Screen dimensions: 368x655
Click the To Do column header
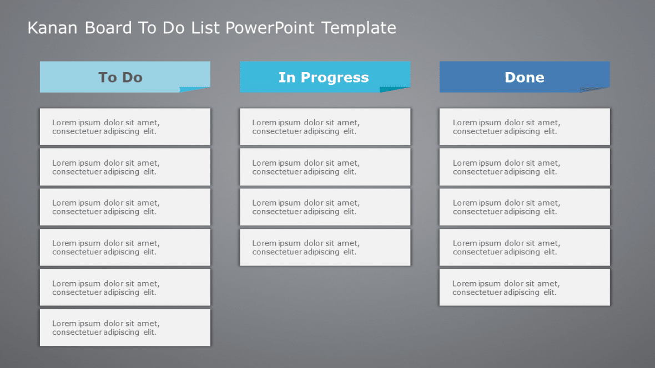(120, 77)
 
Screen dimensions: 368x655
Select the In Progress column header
(324, 77)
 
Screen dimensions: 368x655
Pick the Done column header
(524, 77)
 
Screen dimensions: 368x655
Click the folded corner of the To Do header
(195, 89)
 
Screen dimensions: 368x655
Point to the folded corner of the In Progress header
(395, 89)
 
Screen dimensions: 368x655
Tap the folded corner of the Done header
(595, 89)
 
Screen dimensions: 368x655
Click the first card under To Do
(125, 127)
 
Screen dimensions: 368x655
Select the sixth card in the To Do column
(125, 328)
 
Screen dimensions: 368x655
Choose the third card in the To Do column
(125, 207)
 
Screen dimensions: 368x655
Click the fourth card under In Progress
(325, 247)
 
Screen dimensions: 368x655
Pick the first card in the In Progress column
(325, 127)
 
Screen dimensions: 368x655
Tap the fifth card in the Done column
(525, 287)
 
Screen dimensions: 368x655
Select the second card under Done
(525, 167)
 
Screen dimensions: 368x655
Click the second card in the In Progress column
(325, 167)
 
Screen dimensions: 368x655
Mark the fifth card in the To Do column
(125, 287)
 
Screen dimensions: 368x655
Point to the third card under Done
(525, 207)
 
